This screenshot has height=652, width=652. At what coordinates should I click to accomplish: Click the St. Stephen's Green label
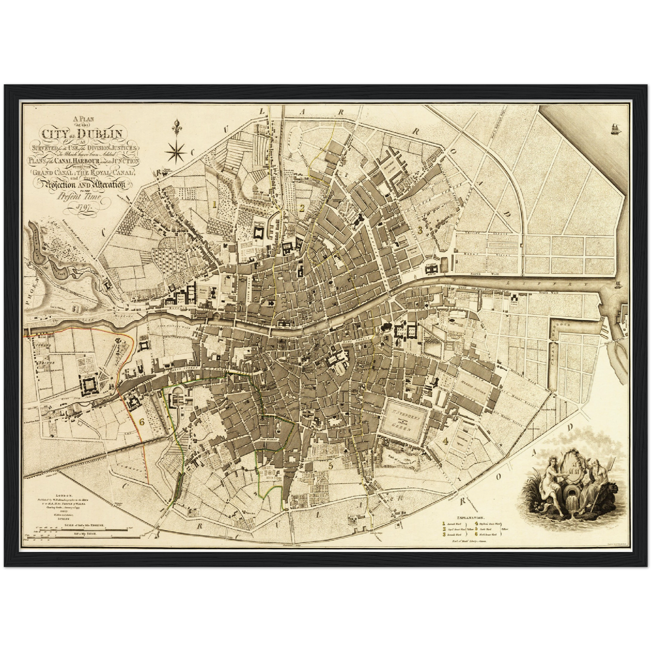(x=403, y=418)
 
